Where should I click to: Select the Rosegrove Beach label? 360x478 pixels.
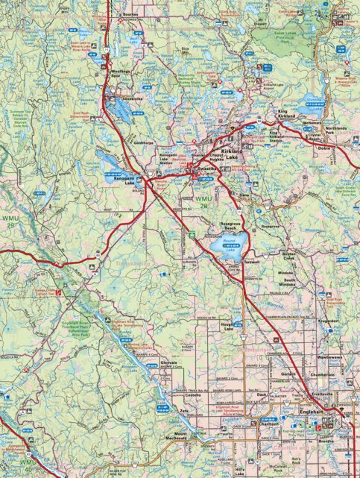[225, 225]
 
